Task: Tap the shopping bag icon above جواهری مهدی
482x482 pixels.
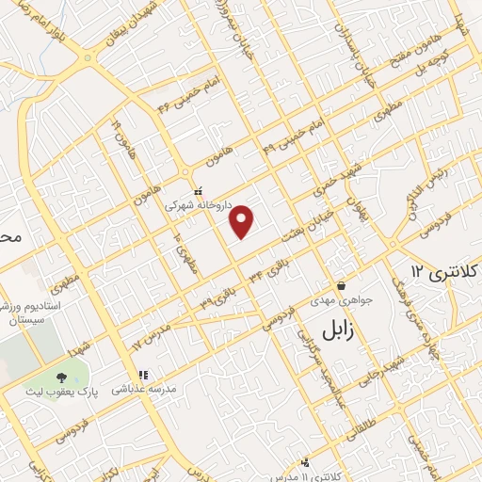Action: coord(340,285)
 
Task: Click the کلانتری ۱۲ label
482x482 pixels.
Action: coord(442,274)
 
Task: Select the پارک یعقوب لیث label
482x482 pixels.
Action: coord(73,389)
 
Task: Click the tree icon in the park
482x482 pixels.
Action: coord(73,374)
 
